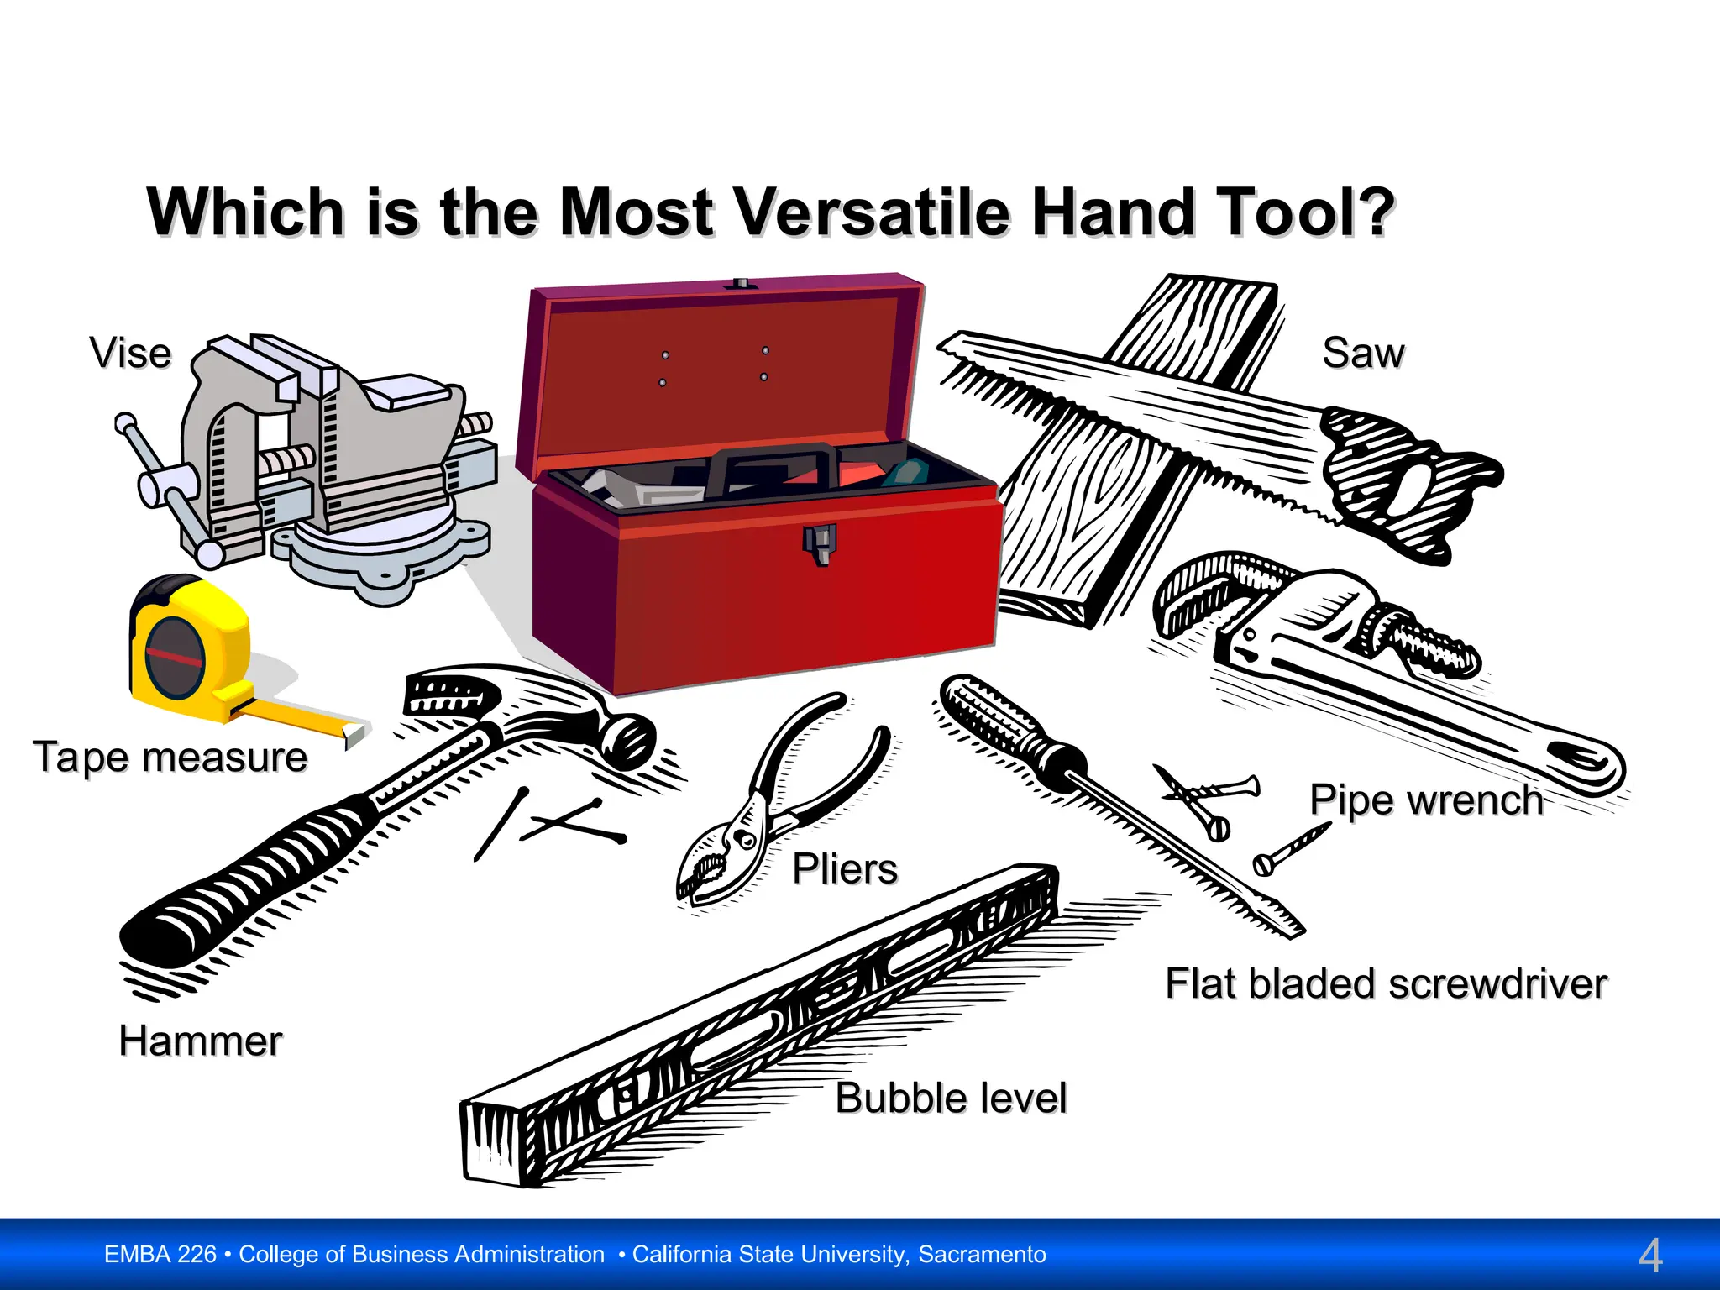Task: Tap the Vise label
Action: [130, 354]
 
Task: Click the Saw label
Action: [1362, 353]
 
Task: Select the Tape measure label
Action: [170, 757]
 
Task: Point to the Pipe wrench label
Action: [1426, 800]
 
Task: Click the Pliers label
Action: [844, 868]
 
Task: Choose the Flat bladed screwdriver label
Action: [1386, 983]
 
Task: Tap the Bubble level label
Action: [951, 1098]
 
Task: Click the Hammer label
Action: [200, 1041]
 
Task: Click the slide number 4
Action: [1649, 1256]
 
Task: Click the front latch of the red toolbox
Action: [819, 543]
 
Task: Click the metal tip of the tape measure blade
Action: [354, 734]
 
